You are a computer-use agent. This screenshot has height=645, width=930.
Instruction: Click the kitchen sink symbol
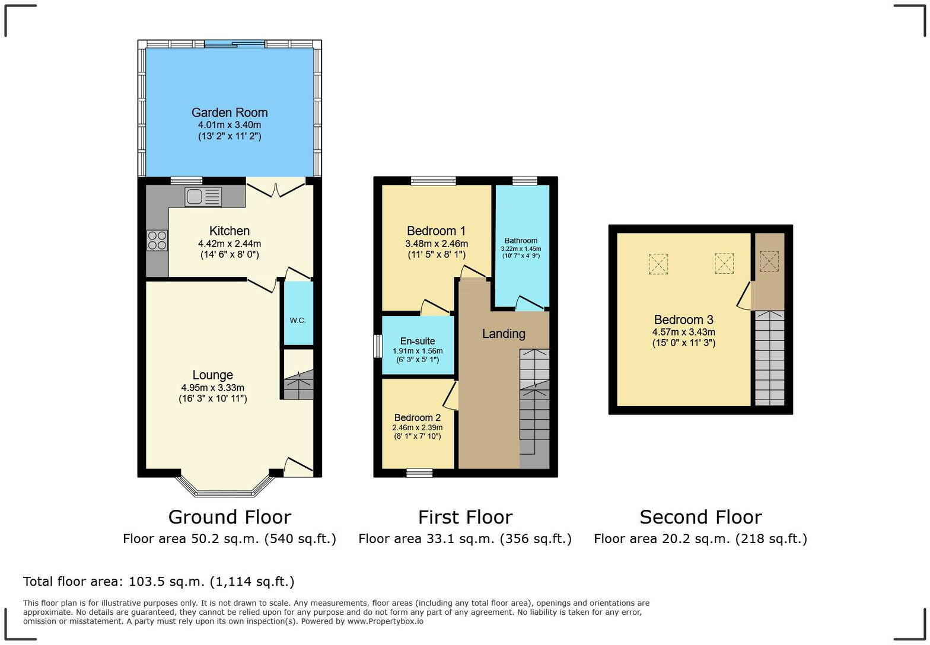click(x=203, y=196)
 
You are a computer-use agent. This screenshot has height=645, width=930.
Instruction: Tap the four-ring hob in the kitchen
click(x=157, y=240)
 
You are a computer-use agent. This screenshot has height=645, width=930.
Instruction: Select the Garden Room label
click(x=230, y=113)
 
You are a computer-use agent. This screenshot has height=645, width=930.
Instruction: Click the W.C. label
click(x=298, y=320)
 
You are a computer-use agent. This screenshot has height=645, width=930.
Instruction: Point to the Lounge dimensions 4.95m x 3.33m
click(x=212, y=388)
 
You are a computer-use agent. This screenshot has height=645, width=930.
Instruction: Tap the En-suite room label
click(x=418, y=341)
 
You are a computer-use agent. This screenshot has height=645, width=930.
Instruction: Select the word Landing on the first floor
click(x=504, y=334)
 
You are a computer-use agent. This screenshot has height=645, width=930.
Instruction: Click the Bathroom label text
click(x=521, y=241)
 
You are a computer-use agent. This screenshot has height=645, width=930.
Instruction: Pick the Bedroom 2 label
click(x=418, y=417)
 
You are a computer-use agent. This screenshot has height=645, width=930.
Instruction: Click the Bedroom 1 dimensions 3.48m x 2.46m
click(x=437, y=244)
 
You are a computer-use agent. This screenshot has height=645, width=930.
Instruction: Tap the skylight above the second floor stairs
click(x=769, y=261)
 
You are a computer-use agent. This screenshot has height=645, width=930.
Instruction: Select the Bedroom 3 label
click(x=683, y=320)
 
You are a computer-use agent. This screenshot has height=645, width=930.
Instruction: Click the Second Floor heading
click(x=700, y=517)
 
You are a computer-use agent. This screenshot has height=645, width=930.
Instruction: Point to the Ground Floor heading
click(x=230, y=517)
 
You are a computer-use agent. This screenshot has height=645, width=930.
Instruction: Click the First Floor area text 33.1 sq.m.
click(x=465, y=538)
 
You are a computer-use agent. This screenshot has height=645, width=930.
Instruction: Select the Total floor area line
click(x=158, y=582)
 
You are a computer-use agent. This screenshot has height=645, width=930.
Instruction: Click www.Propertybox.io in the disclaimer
click(x=385, y=621)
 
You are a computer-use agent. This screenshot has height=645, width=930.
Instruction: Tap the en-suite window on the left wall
click(x=377, y=346)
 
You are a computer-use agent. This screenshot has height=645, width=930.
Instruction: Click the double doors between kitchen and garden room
click(x=276, y=189)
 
